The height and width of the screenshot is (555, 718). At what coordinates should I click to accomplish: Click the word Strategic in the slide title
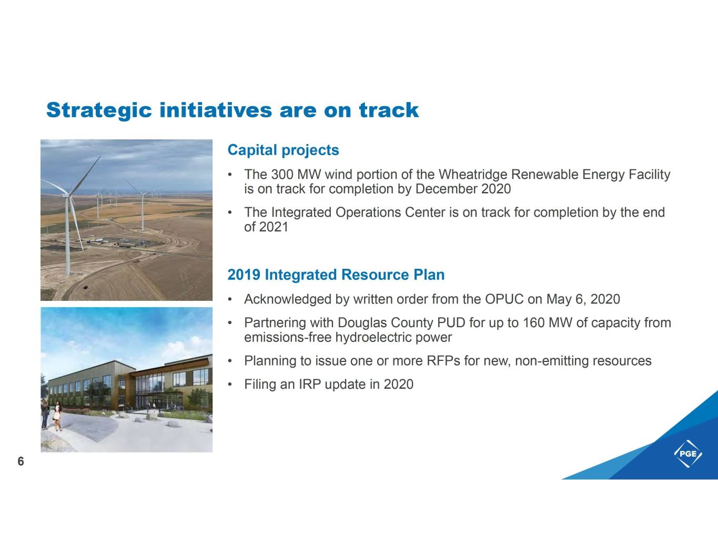coord(99,110)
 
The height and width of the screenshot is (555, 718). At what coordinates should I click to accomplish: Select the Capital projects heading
coord(283,150)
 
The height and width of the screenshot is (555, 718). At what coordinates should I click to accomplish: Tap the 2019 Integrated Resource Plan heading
coord(336,275)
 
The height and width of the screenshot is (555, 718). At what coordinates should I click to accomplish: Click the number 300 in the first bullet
coord(282,175)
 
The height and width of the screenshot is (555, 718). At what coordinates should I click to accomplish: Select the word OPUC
coord(504,299)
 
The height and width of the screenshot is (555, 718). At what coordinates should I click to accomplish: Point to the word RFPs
coord(443,361)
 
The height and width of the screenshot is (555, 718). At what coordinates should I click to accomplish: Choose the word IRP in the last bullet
coord(310,385)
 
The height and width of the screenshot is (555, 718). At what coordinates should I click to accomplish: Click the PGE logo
coord(688,453)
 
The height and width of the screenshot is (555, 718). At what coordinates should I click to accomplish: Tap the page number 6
coord(21,461)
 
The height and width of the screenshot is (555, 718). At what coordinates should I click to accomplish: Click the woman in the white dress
coord(57,416)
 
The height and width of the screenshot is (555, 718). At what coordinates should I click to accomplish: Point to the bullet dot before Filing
coord(230,385)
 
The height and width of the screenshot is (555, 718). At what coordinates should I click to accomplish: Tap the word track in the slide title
coord(389,110)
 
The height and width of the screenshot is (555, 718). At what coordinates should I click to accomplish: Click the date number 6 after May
coord(580,300)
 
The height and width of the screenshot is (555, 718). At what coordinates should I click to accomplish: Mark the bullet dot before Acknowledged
coord(230,300)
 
